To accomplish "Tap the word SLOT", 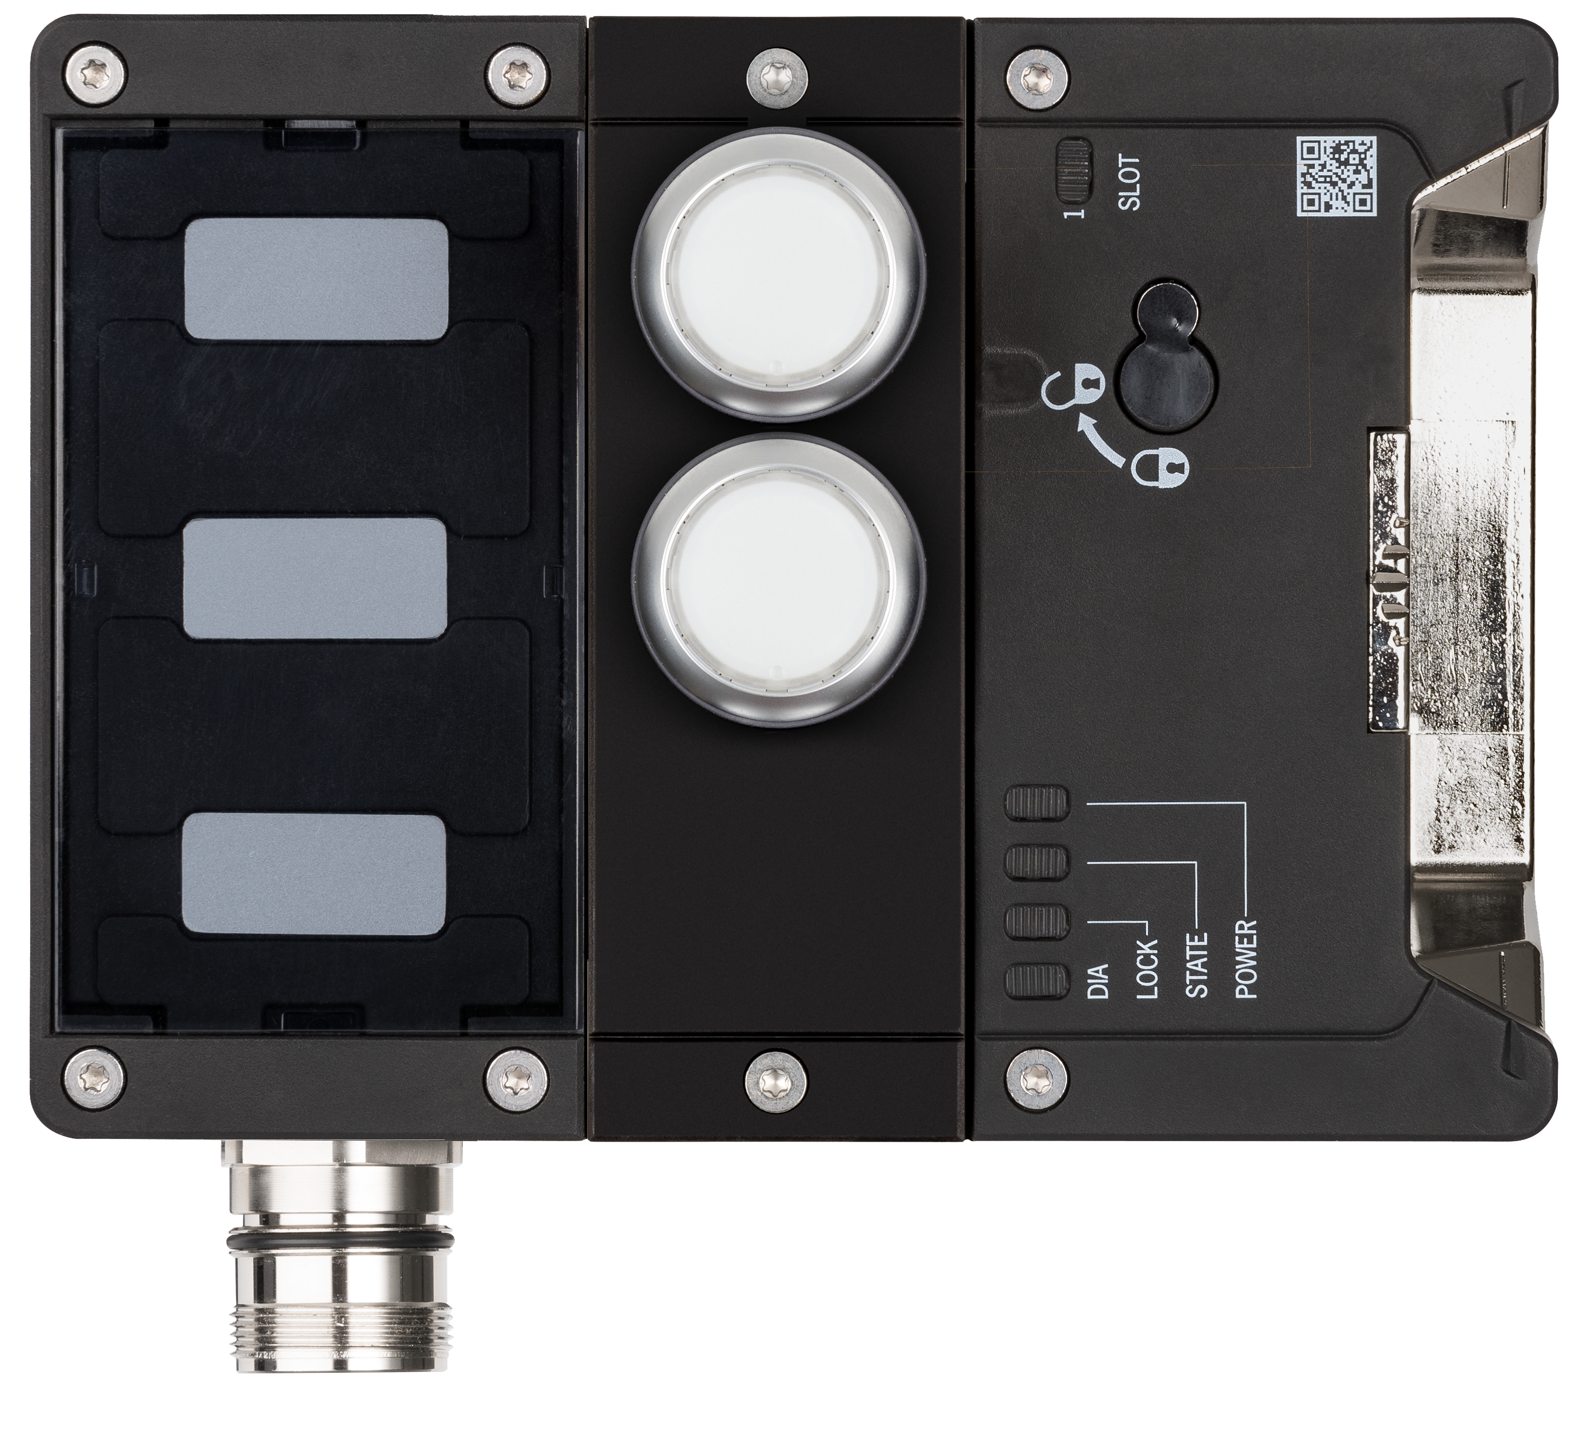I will (1130, 183).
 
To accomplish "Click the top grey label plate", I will (316, 279).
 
